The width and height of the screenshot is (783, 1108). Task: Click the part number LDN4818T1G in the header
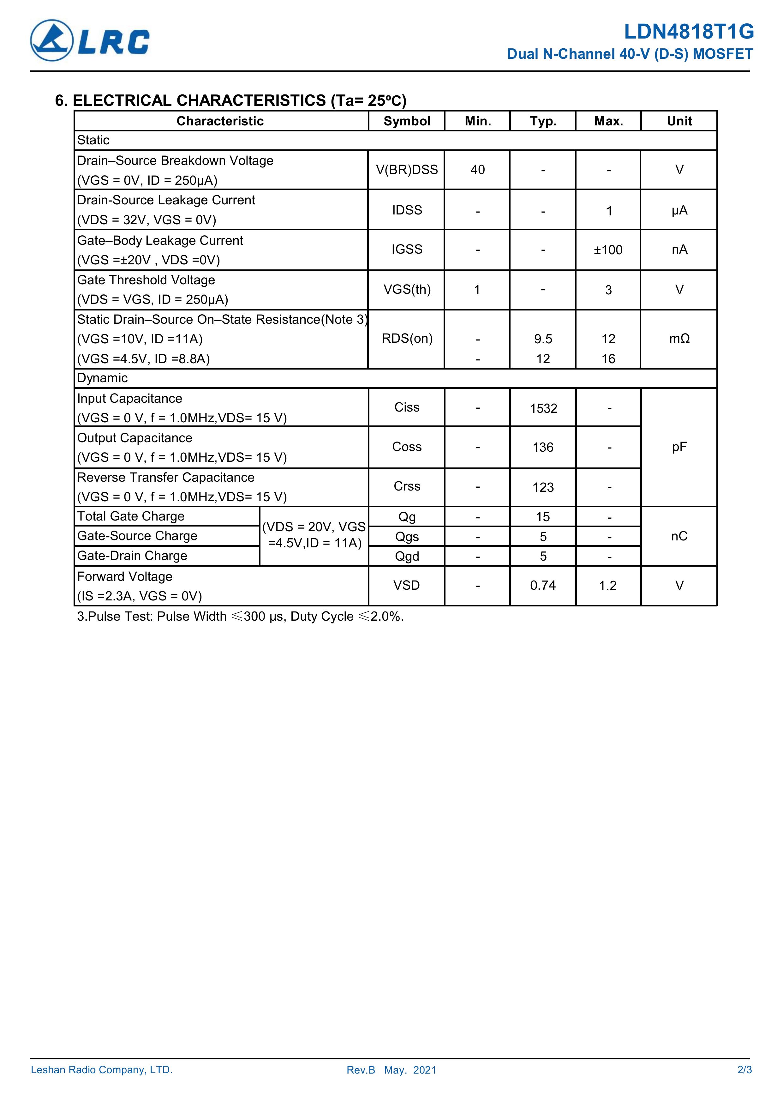tap(689, 32)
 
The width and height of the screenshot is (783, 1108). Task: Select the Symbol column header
tap(407, 121)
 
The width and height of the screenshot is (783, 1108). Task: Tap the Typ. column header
tap(543, 121)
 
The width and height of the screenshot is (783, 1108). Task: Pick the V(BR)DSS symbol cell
tap(407, 170)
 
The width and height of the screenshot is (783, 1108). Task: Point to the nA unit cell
tap(679, 250)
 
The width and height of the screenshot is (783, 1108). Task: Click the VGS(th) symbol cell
tap(407, 290)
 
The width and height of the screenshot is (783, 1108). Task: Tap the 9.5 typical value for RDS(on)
tap(543, 339)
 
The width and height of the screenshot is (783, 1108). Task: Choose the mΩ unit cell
tap(679, 339)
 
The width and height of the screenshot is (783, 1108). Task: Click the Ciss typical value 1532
tap(543, 409)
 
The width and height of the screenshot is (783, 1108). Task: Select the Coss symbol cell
tap(407, 447)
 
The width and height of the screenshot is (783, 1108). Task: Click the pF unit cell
tap(679, 447)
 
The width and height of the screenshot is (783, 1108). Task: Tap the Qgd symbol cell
tap(407, 557)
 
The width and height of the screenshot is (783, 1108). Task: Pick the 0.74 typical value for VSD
tap(543, 586)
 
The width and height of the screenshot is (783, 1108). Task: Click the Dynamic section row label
tap(102, 378)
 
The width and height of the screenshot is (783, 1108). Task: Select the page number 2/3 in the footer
tap(744, 1083)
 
